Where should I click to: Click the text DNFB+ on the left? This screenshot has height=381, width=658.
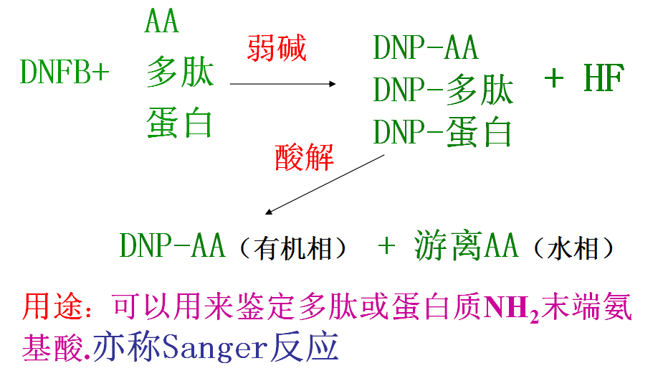tap(65, 72)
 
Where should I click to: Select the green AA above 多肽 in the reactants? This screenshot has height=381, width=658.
tap(161, 22)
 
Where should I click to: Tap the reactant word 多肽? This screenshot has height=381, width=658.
tap(181, 72)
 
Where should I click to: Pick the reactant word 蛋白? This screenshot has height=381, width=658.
tap(181, 122)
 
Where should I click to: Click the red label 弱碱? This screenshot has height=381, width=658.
tap(277, 49)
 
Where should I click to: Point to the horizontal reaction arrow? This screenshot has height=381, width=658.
tap(283, 84)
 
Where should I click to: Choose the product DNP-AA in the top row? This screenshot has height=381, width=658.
tap(426, 49)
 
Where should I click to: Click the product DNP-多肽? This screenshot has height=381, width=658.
tap(443, 90)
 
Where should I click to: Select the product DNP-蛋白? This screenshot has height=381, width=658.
tap(443, 132)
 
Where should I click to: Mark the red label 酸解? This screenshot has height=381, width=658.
tap(305, 157)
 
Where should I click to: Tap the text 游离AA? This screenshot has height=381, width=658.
tap(466, 246)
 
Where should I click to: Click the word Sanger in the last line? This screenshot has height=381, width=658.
tap(215, 347)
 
